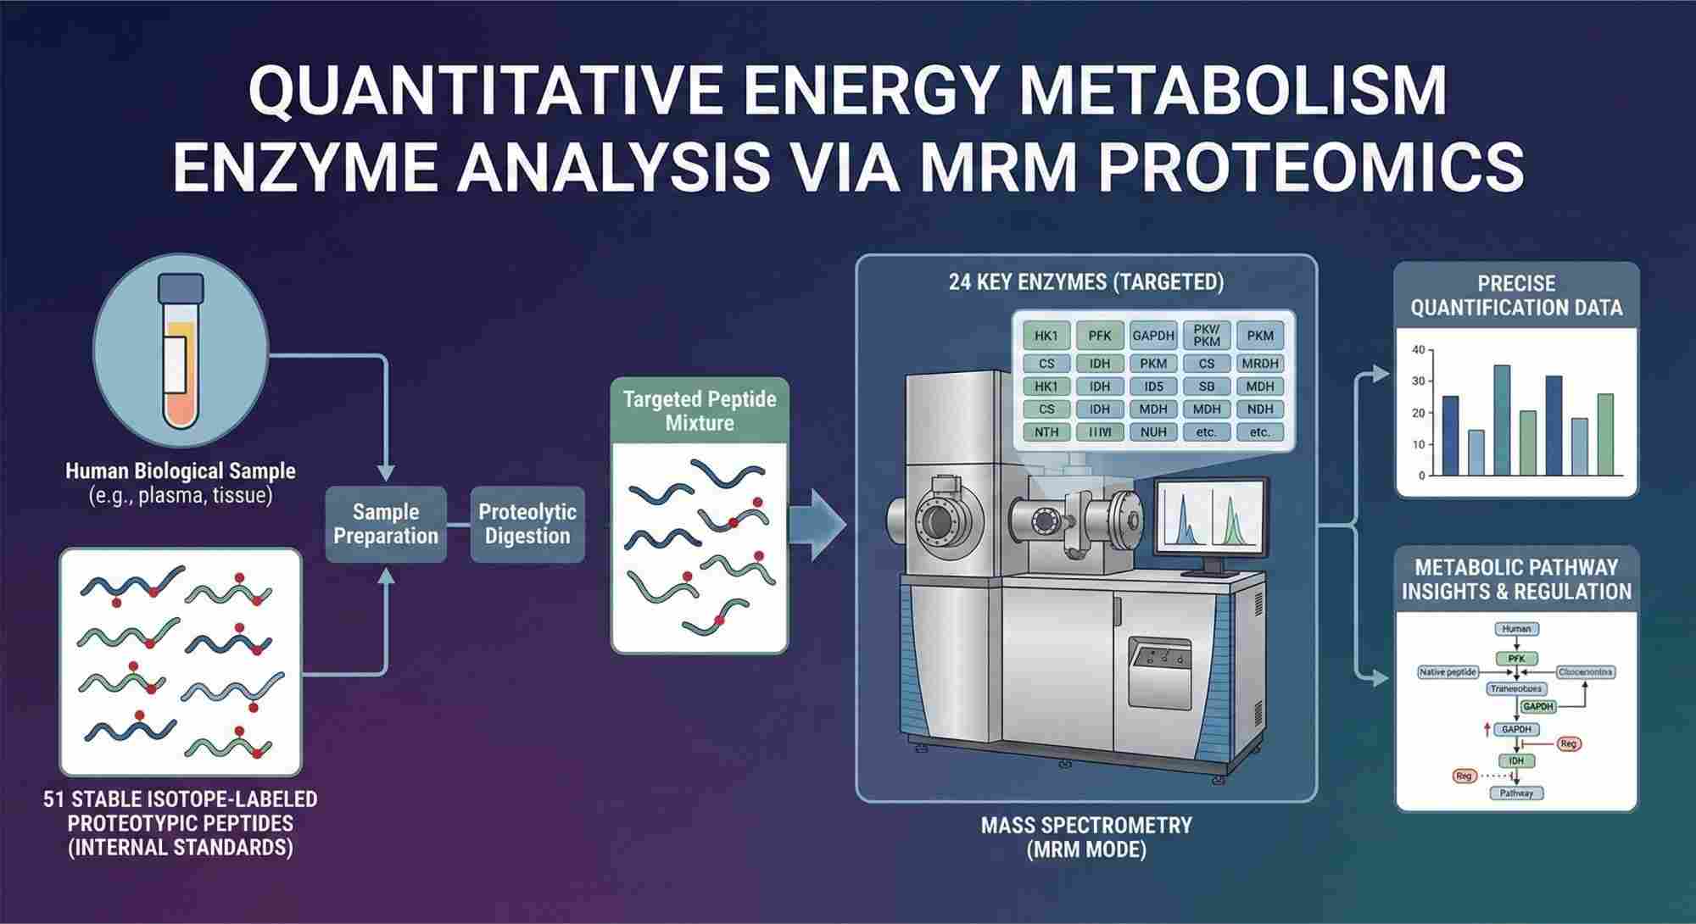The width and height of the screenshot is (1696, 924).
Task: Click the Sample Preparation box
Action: click(x=386, y=524)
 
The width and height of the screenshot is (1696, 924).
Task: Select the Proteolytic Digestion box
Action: click(x=527, y=524)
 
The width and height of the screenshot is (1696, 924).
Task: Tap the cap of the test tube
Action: click(x=181, y=288)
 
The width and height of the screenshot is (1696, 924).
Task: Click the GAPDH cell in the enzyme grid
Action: click(x=1152, y=336)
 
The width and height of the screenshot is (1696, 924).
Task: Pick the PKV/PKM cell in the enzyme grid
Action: click(x=1206, y=335)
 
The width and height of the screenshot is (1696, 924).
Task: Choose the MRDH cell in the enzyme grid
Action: click(x=1260, y=364)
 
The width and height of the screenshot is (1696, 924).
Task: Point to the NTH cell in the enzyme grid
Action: click(x=1046, y=432)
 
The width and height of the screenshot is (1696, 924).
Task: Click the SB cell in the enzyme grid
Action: click(x=1206, y=387)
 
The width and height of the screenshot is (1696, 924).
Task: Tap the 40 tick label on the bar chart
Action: click(x=1418, y=350)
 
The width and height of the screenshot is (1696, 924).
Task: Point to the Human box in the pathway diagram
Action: click(x=1516, y=629)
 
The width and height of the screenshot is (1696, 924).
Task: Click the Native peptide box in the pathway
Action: click(x=1448, y=672)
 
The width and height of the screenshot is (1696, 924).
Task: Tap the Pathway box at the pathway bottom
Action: click(x=1516, y=793)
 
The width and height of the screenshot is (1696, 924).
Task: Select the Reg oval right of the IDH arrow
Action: click(x=1568, y=743)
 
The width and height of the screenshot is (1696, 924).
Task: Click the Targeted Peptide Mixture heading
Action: click(x=700, y=411)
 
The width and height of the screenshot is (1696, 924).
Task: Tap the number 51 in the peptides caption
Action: click(x=54, y=799)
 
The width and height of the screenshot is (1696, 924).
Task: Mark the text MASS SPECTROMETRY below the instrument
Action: click(x=1086, y=825)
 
